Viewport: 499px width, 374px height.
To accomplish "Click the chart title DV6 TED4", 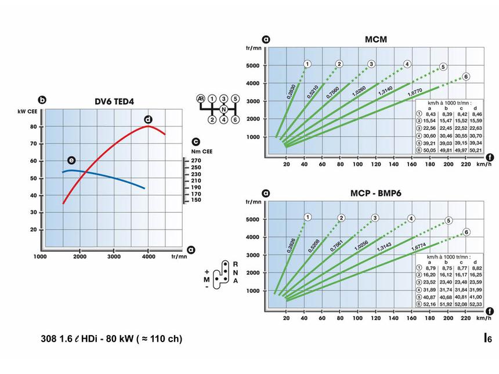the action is pyautogui.click(x=114, y=102).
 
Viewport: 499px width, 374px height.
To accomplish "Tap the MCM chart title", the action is pyautogui.click(x=376, y=39).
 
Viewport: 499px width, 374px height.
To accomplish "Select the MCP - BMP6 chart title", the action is pyautogui.click(x=376, y=193).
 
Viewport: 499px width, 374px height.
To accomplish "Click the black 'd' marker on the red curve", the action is pyautogui.click(x=148, y=119).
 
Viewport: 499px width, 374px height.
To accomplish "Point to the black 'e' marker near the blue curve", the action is pyautogui.click(x=71, y=160).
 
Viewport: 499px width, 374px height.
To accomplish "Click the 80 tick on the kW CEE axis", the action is pyautogui.click(x=34, y=126).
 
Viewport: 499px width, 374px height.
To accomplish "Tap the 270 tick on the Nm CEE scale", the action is pyautogui.click(x=196, y=161).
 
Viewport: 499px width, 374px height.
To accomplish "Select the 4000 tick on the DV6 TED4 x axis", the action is pyautogui.click(x=148, y=256).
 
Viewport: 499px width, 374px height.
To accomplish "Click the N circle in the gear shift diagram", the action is pyautogui.click(x=224, y=110).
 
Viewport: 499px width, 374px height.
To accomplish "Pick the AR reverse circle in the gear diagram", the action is pyautogui.click(x=201, y=99).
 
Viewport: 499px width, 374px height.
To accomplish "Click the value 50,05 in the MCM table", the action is pyautogui.click(x=429, y=150).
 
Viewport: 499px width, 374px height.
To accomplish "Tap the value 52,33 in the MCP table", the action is pyautogui.click(x=475, y=304).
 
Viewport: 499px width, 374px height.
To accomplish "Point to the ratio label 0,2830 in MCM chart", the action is pyautogui.click(x=291, y=91).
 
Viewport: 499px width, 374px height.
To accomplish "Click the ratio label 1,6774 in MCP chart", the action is pyautogui.click(x=418, y=247).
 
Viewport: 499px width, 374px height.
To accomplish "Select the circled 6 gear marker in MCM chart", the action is pyautogui.click(x=466, y=77).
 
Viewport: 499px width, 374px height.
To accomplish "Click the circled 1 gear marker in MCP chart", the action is pyautogui.click(x=308, y=217).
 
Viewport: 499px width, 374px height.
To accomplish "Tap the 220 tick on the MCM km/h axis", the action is pyautogui.click(x=466, y=164).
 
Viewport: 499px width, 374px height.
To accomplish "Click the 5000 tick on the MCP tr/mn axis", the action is pyautogui.click(x=252, y=219).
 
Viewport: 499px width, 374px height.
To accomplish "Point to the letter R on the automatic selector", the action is pyautogui.click(x=236, y=264).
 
